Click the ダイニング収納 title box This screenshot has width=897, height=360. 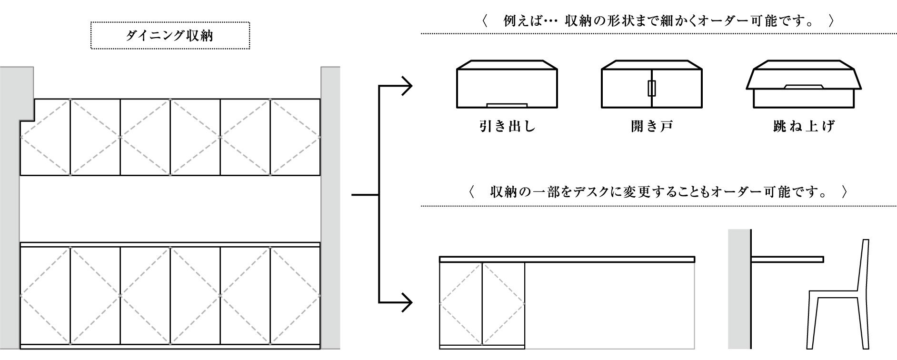(170, 35)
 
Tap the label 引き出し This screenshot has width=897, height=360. (507, 127)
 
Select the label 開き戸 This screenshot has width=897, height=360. (651, 127)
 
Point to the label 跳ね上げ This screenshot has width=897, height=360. (804, 127)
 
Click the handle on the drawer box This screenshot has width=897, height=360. (507, 104)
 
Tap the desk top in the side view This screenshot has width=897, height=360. (787, 259)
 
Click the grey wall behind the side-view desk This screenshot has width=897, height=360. (739, 295)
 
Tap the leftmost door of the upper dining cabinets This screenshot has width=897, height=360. (45, 137)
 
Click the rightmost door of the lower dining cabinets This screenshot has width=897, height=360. (295, 295)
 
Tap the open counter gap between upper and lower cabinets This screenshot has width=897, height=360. (170, 209)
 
